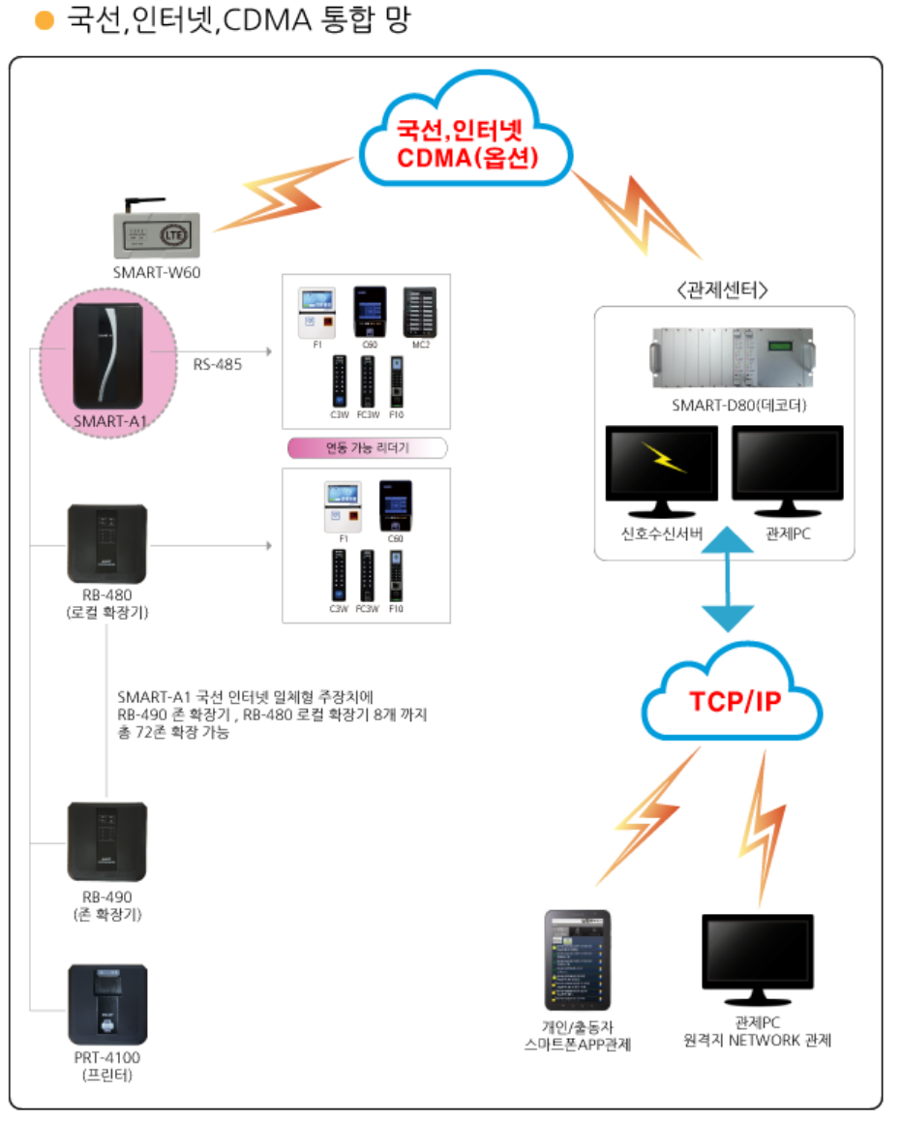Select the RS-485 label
tap(217, 365)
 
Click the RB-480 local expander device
tap(106, 543)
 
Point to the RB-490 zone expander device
tap(106, 840)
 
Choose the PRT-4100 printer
tap(107, 1003)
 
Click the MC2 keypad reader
tap(419, 312)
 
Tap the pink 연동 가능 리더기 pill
tap(367, 447)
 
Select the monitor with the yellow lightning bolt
tap(662, 469)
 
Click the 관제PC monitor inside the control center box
tap(787, 469)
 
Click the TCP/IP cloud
tap(732, 700)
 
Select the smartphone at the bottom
tap(577, 958)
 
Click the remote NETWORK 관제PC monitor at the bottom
tap(758, 958)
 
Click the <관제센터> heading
tap(723, 289)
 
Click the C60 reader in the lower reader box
tap(395, 505)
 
